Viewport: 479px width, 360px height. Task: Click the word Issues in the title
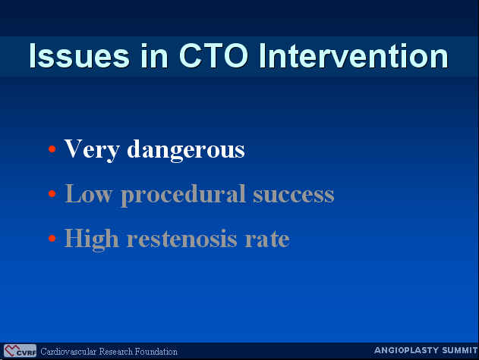point(80,56)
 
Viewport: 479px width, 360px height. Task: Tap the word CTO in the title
point(213,56)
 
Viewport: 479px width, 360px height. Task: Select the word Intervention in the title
point(354,56)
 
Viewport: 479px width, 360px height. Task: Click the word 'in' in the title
point(154,56)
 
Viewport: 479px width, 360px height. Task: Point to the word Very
point(92,149)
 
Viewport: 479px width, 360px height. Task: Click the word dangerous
point(186,150)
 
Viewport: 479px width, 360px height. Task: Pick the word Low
point(88,194)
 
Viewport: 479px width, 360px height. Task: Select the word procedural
point(183,196)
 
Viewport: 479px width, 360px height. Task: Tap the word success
point(294,195)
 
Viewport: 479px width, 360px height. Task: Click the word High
point(91,239)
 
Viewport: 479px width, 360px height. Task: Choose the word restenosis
point(181,239)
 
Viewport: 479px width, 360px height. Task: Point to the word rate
point(267,239)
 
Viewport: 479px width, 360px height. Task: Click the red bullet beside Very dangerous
point(52,149)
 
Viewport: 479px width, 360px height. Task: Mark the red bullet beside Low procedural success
point(52,193)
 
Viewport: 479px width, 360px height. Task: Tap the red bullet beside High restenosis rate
point(52,238)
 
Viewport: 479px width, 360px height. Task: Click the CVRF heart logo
point(20,351)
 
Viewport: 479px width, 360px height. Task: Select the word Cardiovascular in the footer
point(69,352)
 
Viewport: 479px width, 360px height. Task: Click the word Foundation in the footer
point(156,352)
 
